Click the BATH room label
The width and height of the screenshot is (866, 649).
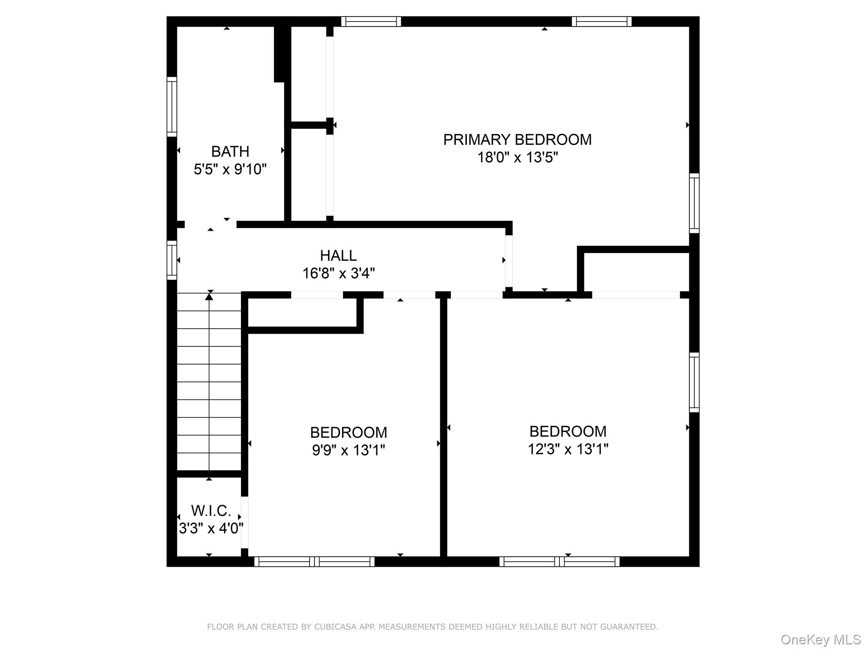click(x=230, y=151)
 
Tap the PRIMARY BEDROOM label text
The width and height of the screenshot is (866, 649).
click(x=517, y=140)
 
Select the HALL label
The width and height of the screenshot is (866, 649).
click(x=338, y=256)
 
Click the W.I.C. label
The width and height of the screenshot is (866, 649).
click(x=211, y=511)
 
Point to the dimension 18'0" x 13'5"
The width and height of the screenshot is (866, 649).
click(x=518, y=158)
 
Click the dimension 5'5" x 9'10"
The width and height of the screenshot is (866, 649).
click(x=230, y=169)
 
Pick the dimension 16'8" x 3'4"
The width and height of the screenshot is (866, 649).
click(x=338, y=273)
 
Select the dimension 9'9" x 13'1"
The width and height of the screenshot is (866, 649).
click(x=348, y=450)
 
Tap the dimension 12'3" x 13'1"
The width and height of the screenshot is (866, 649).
click(x=568, y=449)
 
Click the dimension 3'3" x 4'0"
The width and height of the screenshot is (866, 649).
click(x=211, y=529)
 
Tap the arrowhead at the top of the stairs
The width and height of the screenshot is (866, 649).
click(x=209, y=297)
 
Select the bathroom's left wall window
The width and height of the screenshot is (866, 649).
click(x=172, y=107)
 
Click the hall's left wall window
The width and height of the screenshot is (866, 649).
click(x=172, y=260)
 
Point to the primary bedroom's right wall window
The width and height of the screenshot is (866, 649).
click(x=694, y=203)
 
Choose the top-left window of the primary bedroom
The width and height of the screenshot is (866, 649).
click(x=371, y=22)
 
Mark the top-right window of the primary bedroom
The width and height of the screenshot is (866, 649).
click(x=602, y=22)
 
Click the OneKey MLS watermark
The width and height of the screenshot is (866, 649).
click(x=820, y=639)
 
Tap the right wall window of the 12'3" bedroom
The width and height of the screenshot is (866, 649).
click(x=694, y=382)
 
